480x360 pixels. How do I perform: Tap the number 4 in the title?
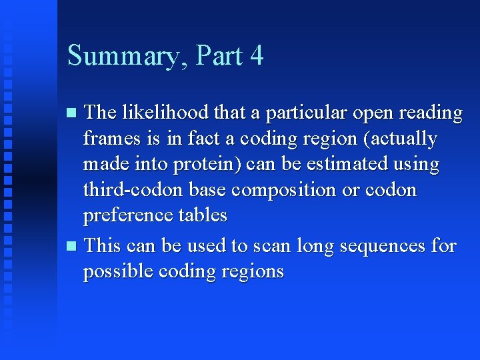257,55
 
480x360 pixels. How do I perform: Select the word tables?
202,215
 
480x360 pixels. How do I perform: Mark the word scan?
269,246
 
